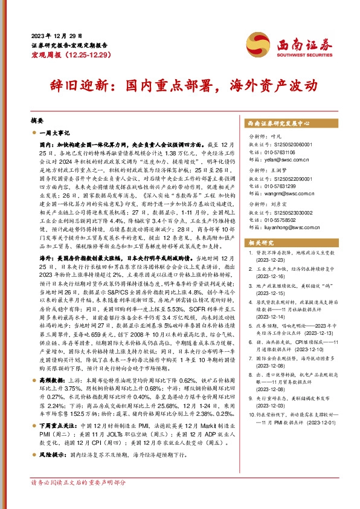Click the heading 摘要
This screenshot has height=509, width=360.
[36, 120]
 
